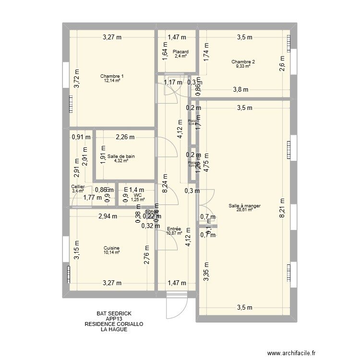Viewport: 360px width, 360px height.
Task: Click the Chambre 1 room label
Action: (112, 76)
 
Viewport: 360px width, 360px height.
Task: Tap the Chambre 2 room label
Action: (243, 62)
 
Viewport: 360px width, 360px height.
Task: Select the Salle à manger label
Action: (245, 206)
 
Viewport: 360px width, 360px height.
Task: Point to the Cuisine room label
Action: (111, 248)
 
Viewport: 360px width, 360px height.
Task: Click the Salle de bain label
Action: (121, 156)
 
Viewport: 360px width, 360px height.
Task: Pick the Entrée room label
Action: (174, 229)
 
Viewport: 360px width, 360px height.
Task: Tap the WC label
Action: (138, 195)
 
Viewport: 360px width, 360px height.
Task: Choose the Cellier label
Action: (78, 187)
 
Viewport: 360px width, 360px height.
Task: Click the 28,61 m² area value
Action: (245, 210)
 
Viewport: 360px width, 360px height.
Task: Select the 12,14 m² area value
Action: (112, 80)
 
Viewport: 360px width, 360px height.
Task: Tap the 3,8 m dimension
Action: (240, 89)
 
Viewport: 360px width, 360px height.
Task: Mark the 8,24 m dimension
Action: (164, 182)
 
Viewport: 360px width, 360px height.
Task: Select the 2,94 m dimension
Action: (108, 216)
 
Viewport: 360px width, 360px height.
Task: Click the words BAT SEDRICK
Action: (114, 313)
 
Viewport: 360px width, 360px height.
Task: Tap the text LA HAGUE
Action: (114, 329)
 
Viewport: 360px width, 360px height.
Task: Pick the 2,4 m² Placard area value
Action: (180, 56)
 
